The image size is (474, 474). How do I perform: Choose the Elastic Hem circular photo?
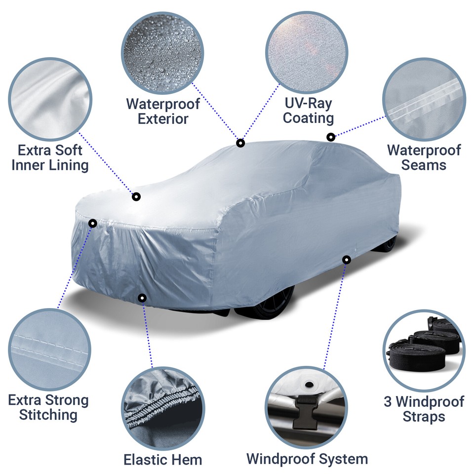(x=163, y=406)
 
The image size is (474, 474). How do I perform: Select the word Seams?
(x=424, y=165)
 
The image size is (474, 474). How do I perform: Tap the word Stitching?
(x=48, y=415)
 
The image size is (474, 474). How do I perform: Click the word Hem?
(x=190, y=460)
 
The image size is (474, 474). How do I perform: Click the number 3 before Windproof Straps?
(x=389, y=401)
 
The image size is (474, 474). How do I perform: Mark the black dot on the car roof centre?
(x=240, y=143)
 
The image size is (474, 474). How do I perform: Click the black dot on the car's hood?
(x=136, y=197)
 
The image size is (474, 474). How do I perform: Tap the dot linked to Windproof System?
(x=346, y=259)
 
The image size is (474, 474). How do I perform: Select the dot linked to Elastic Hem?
(x=142, y=298)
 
